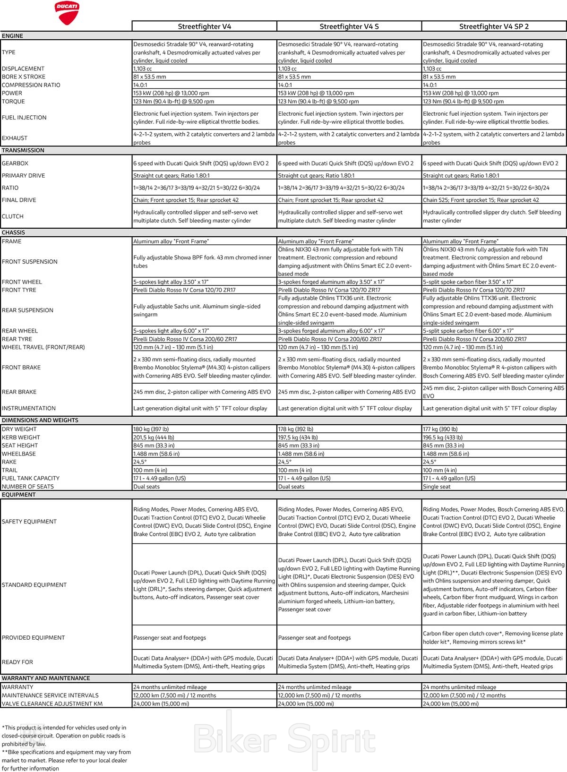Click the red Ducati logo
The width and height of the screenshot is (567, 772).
coord(67,12)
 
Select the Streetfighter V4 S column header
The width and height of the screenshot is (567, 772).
coord(349,26)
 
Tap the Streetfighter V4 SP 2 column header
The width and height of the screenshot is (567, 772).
coord(494,26)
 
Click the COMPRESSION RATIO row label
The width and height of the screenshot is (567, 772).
coord(31,85)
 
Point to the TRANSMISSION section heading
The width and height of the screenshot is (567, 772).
coord(23,150)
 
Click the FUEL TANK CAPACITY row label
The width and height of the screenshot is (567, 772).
coord(31,478)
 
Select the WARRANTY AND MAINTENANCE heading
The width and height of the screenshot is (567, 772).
coord(46,678)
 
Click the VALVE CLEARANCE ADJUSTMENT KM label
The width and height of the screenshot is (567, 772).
coord(52,703)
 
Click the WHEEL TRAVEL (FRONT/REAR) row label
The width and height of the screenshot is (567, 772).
coord(43,347)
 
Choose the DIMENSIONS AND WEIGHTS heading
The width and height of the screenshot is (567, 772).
coord(40,420)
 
